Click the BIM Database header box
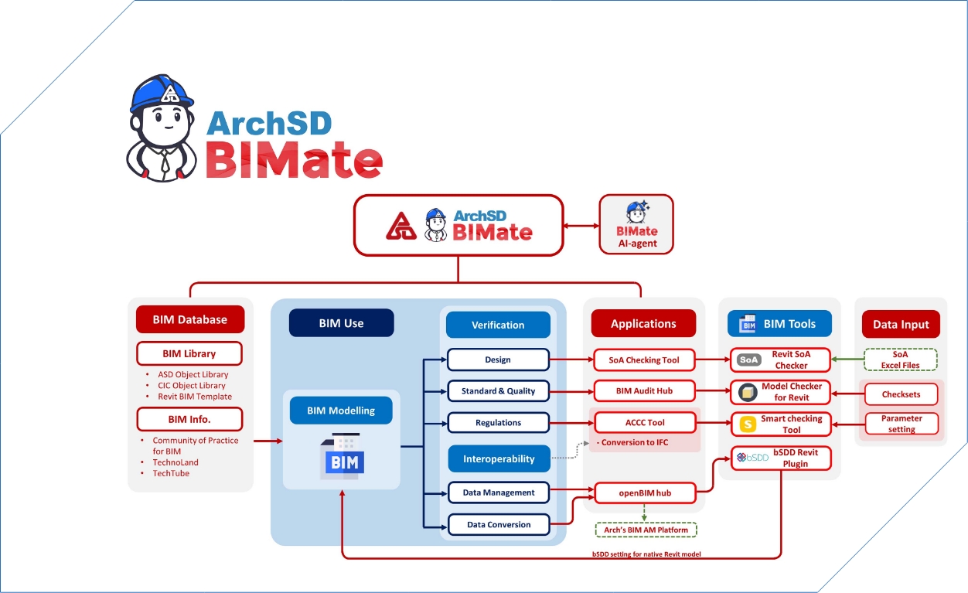click(x=189, y=319)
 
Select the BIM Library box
click(x=189, y=353)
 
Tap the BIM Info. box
click(x=189, y=420)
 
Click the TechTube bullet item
click(x=171, y=473)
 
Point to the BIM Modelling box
click(x=341, y=411)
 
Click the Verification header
click(x=498, y=325)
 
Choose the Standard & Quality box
click(x=498, y=391)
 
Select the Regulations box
click(x=498, y=423)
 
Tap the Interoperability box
click(x=499, y=458)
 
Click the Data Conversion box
click(x=499, y=524)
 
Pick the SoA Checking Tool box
click(x=644, y=360)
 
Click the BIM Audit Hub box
click(x=644, y=391)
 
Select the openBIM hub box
click(x=644, y=492)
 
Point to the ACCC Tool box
click(x=644, y=423)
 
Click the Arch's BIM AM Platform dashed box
click(x=646, y=530)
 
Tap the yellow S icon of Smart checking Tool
click(x=748, y=424)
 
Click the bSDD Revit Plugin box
click(x=780, y=458)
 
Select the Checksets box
click(x=901, y=394)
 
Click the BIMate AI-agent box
click(x=636, y=224)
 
